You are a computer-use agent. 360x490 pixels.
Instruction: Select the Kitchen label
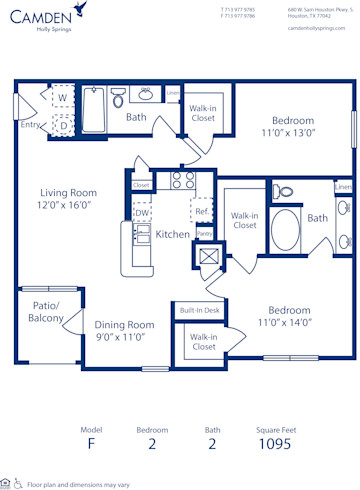tap(173, 233)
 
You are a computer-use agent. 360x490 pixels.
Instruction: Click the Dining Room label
tap(125, 324)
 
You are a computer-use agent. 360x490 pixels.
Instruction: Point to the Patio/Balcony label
tap(46, 312)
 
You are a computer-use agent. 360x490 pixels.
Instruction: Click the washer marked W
tap(62, 98)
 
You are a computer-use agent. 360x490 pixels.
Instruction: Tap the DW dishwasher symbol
tap(141, 212)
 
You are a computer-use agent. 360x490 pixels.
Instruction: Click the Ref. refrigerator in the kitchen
tap(201, 211)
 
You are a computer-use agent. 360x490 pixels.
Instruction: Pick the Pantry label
tap(204, 233)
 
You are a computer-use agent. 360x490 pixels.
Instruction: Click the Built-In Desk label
tap(200, 311)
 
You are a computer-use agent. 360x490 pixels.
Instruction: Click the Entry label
tap(30, 124)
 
